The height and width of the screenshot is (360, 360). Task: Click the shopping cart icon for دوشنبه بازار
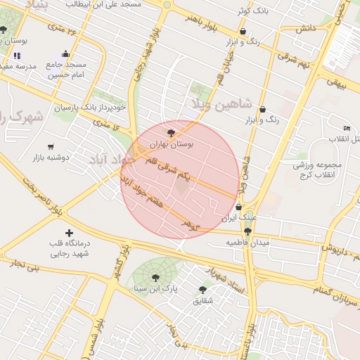click(x=51, y=147)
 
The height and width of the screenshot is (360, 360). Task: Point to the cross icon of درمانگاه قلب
click(x=68, y=233)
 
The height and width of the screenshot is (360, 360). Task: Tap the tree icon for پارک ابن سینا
click(x=155, y=276)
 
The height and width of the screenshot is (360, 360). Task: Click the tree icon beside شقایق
click(x=202, y=290)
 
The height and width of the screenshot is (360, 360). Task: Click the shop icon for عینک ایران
click(x=240, y=207)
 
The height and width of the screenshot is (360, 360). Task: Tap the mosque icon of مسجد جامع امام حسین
click(x=65, y=53)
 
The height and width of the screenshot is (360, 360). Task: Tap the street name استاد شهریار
click(x=223, y=274)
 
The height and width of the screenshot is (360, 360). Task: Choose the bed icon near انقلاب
click(x=347, y=128)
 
